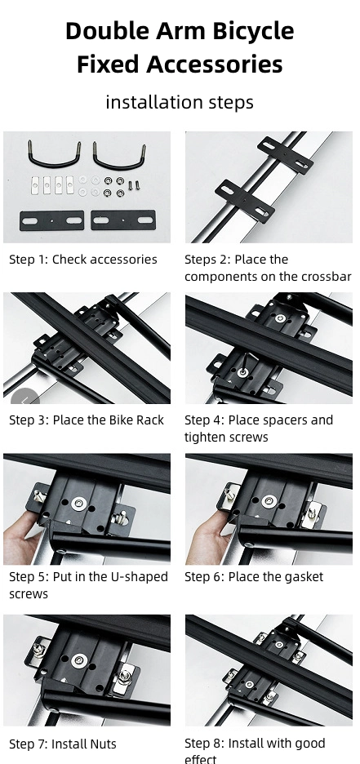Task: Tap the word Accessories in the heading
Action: pos(215,64)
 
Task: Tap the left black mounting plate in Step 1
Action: pos(51,220)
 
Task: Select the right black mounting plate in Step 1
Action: pos(123,220)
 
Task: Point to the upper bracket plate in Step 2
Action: pos(285,155)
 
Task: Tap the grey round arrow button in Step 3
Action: pos(24,399)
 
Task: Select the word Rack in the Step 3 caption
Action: pos(149,420)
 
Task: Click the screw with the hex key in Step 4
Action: pos(242,373)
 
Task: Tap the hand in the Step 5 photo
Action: pos(22,537)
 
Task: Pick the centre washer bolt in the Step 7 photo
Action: pos(79,661)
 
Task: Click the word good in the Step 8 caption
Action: pos(310,744)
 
